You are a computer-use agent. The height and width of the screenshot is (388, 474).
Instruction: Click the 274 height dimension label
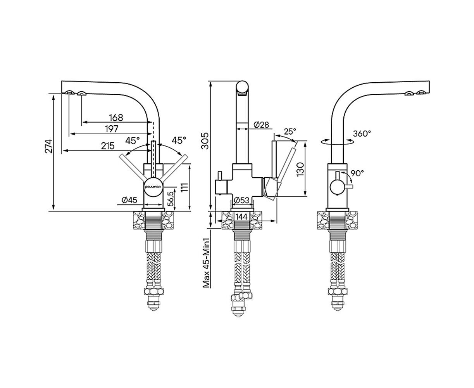(49, 146)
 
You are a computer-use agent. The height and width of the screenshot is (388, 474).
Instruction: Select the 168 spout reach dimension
(116, 118)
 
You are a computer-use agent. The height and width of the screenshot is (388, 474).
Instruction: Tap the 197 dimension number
(112, 129)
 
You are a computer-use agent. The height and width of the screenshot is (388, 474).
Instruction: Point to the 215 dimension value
(108, 146)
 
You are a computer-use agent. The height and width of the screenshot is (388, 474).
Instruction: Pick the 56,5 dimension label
(171, 199)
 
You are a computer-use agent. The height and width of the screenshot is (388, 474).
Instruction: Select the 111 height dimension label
(184, 187)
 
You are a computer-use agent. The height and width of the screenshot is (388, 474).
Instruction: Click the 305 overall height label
(205, 141)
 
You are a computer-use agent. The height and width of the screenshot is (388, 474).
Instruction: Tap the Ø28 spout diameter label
(261, 125)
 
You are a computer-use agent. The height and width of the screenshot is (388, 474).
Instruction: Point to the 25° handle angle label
(290, 132)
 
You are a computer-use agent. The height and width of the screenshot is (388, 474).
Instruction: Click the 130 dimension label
(300, 169)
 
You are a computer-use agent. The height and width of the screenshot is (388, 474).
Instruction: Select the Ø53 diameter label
(241, 200)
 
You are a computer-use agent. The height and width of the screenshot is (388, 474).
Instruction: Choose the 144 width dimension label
(241, 217)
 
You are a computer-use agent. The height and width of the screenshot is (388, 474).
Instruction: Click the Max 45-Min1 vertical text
(206, 263)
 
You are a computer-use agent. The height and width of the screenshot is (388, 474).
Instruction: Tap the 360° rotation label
(362, 133)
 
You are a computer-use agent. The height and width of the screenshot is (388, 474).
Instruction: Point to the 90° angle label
(357, 173)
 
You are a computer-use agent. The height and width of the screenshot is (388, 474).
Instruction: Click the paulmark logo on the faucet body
(153, 187)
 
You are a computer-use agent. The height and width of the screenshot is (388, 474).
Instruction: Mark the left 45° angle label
(133, 141)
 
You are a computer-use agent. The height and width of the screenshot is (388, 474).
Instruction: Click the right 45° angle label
(179, 140)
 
